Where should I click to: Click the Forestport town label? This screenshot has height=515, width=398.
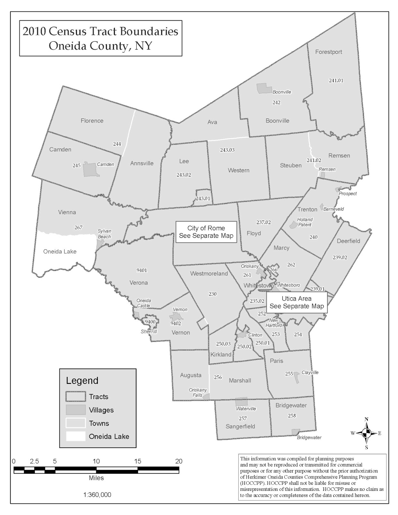tap(329, 52)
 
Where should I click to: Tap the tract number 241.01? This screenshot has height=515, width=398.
tap(336, 80)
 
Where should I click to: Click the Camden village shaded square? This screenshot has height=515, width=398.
tap(90, 170)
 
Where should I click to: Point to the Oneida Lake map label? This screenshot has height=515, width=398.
tap(60, 251)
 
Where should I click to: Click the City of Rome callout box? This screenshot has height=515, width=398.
tap(206, 232)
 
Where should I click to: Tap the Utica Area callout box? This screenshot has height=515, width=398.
tap(296, 302)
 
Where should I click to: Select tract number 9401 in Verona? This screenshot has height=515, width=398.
tap(142, 270)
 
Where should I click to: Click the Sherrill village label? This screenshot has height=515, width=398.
tap(149, 332)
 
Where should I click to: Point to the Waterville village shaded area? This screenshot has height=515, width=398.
tap(241, 402)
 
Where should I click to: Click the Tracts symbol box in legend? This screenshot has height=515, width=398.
tap(76, 397)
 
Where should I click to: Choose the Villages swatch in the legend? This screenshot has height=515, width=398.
tap(76, 410)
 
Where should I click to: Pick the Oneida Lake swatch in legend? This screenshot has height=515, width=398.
tap(76, 436)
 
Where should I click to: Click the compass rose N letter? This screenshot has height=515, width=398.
tap(366, 419)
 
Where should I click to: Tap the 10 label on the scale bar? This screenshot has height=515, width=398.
tap(96, 461)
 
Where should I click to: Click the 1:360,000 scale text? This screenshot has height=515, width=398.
tap(97, 495)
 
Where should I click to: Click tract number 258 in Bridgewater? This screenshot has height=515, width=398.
tap(292, 416)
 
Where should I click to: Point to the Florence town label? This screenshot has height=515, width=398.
tap(92, 121)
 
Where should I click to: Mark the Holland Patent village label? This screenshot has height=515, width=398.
tap(305, 222)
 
